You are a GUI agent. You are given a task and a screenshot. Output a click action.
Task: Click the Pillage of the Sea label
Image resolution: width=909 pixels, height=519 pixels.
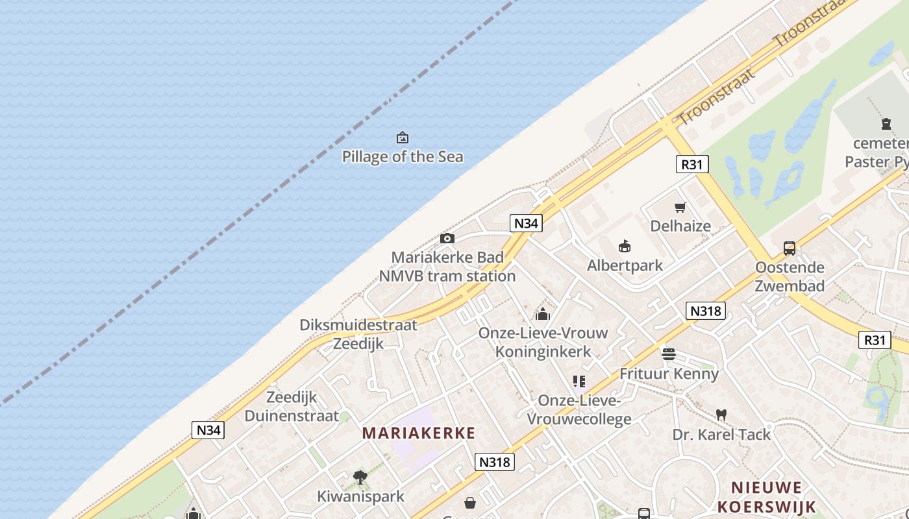403,156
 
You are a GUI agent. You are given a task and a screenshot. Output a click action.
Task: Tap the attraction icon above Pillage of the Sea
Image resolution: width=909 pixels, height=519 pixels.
403,138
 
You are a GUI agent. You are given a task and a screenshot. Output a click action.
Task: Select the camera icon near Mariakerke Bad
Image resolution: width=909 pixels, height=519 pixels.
447,238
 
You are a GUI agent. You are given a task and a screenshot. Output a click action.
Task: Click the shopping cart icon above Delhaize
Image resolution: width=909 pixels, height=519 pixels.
680,208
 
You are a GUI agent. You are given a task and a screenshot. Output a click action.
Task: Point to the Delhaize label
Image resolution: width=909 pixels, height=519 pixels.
680,226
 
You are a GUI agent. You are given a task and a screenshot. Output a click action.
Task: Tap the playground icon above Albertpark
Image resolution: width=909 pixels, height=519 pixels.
625,246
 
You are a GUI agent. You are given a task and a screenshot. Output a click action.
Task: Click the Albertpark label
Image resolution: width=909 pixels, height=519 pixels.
625,265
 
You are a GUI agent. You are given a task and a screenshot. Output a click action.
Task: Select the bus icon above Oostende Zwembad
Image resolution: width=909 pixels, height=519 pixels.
790,248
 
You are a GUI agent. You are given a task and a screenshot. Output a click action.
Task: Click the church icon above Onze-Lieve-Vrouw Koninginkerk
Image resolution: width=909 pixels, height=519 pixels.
543,315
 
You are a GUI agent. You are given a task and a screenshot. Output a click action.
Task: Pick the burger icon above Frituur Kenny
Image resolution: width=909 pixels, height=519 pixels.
669,354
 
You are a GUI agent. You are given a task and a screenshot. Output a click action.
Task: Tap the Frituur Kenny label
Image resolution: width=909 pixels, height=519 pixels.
669,374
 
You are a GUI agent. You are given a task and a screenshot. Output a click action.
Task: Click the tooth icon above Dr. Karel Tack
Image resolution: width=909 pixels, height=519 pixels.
721,415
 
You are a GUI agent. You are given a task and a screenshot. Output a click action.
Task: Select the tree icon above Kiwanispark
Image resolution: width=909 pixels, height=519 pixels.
360,477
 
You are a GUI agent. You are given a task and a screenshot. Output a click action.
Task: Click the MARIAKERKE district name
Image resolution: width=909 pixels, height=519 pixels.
419,433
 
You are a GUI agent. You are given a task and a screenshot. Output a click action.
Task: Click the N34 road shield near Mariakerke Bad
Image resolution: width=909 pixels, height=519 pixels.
526,223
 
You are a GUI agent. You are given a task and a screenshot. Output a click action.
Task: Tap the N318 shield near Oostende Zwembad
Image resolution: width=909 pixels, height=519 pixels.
705,311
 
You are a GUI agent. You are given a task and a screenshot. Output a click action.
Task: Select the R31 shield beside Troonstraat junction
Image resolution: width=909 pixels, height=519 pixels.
692,164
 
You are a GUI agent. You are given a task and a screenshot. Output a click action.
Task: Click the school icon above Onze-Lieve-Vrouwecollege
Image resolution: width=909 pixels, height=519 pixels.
579,381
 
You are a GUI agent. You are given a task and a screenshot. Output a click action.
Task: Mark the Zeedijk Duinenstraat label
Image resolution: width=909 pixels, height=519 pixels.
292,406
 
